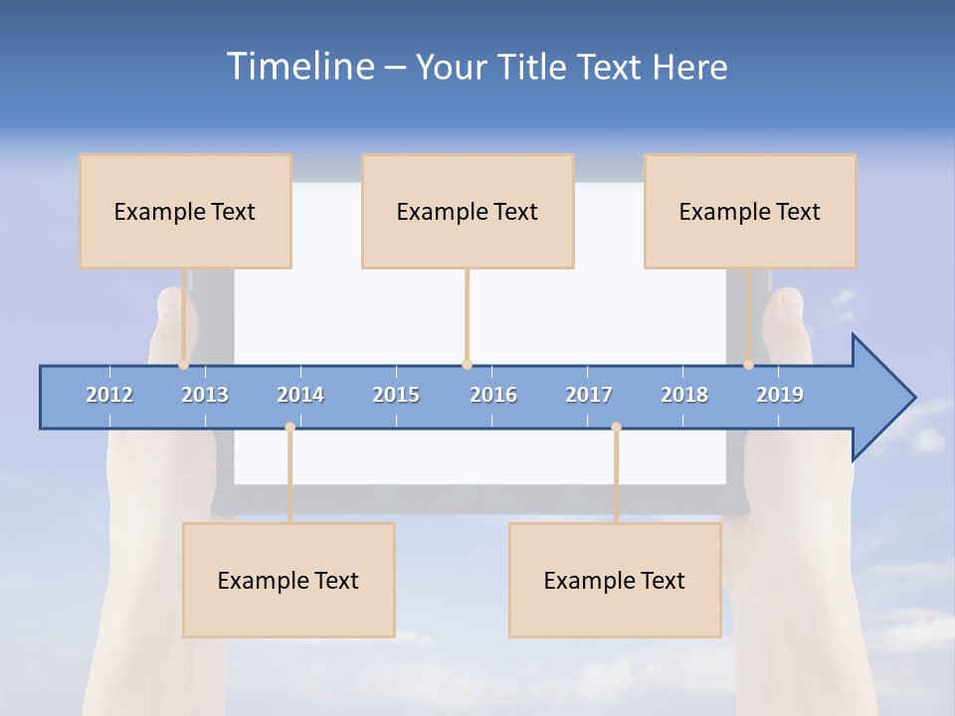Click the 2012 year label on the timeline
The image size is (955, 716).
pyautogui.click(x=109, y=395)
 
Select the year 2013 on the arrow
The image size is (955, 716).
pyautogui.click(x=205, y=395)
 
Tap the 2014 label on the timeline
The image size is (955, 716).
pyautogui.click(x=300, y=395)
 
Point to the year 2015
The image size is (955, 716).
pyautogui.click(x=396, y=395)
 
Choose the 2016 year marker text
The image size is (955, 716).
pyautogui.click(x=493, y=395)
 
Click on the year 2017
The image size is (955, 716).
pyautogui.click(x=589, y=395)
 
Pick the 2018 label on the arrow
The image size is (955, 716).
pyautogui.click(x=684, y=395)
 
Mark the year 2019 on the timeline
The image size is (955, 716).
pyautogui.click(x=780, y=395)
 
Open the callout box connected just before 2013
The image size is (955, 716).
pyautogui.click(x=185, y=211)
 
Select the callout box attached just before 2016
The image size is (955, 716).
pyautogui.click(x=468, y=211)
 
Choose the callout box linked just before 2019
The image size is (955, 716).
pyautogui.click(x=750, y=211)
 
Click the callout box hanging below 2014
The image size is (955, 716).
pyautogui.click(x=288, y=580)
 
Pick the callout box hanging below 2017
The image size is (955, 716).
pyautogui.click(x=615, y=580)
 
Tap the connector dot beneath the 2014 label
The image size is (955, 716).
pyautogui.click(x=289, y=428)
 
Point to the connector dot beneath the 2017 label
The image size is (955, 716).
pyautogui.click(x=616, y=428)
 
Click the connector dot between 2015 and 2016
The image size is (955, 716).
pyautogui.click(x=467, y=365)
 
